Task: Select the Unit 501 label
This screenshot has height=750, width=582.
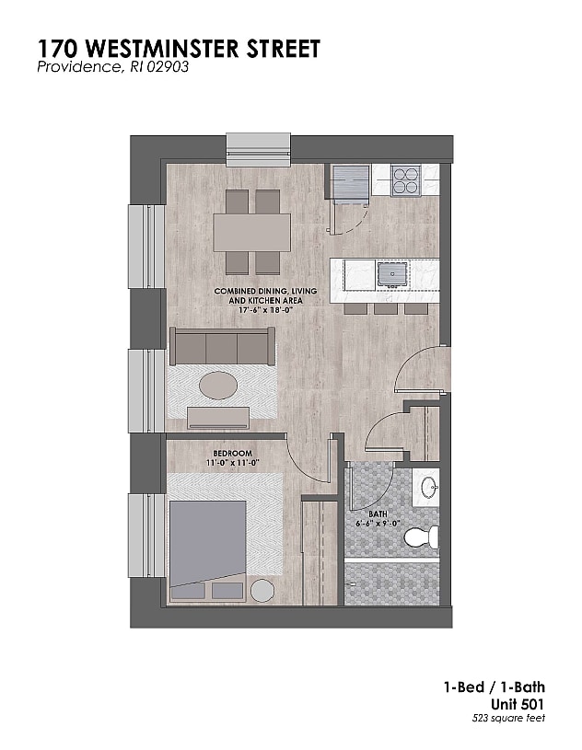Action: point(519,703)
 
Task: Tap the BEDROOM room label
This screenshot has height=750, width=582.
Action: point(232,454)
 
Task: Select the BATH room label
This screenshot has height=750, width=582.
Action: point(378,514)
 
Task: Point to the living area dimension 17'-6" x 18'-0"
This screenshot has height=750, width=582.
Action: point(259,310)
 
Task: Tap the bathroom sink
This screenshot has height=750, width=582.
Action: point(425,487)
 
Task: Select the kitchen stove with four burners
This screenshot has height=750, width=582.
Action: point(405,180)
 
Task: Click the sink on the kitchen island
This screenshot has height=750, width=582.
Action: point(391,274)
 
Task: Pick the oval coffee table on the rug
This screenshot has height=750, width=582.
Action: point(218,385)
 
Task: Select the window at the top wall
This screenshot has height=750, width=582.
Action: point(259,149)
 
